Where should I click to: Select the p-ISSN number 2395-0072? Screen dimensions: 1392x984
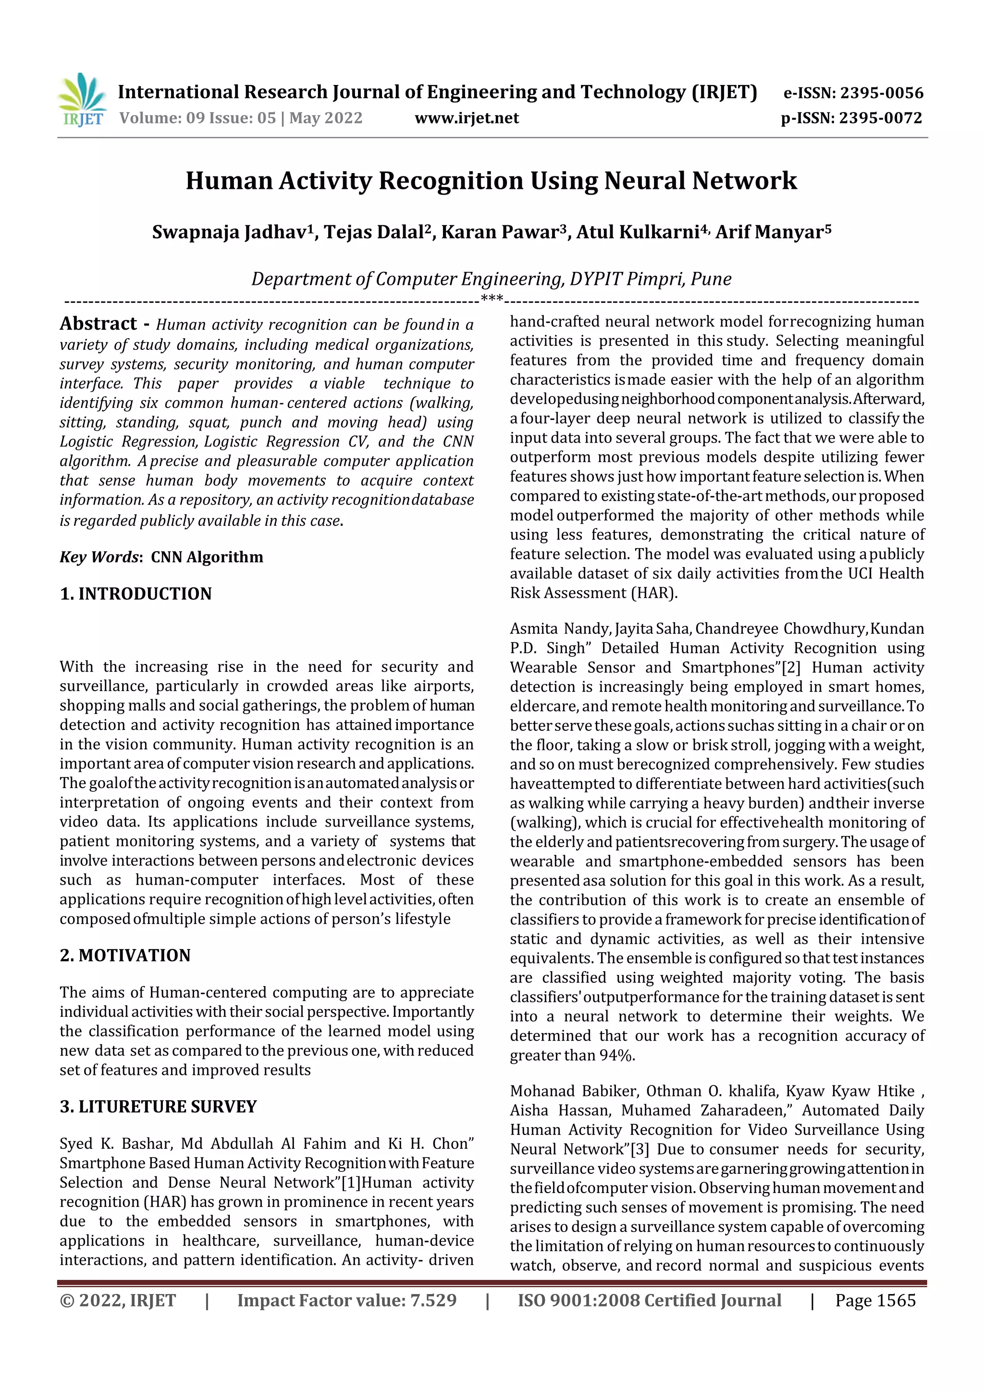point(880,118)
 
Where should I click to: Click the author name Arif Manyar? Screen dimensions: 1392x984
point(773,232)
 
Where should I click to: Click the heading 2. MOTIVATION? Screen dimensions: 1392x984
point(125,956)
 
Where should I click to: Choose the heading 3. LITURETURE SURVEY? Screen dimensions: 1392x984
point(158,1107)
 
